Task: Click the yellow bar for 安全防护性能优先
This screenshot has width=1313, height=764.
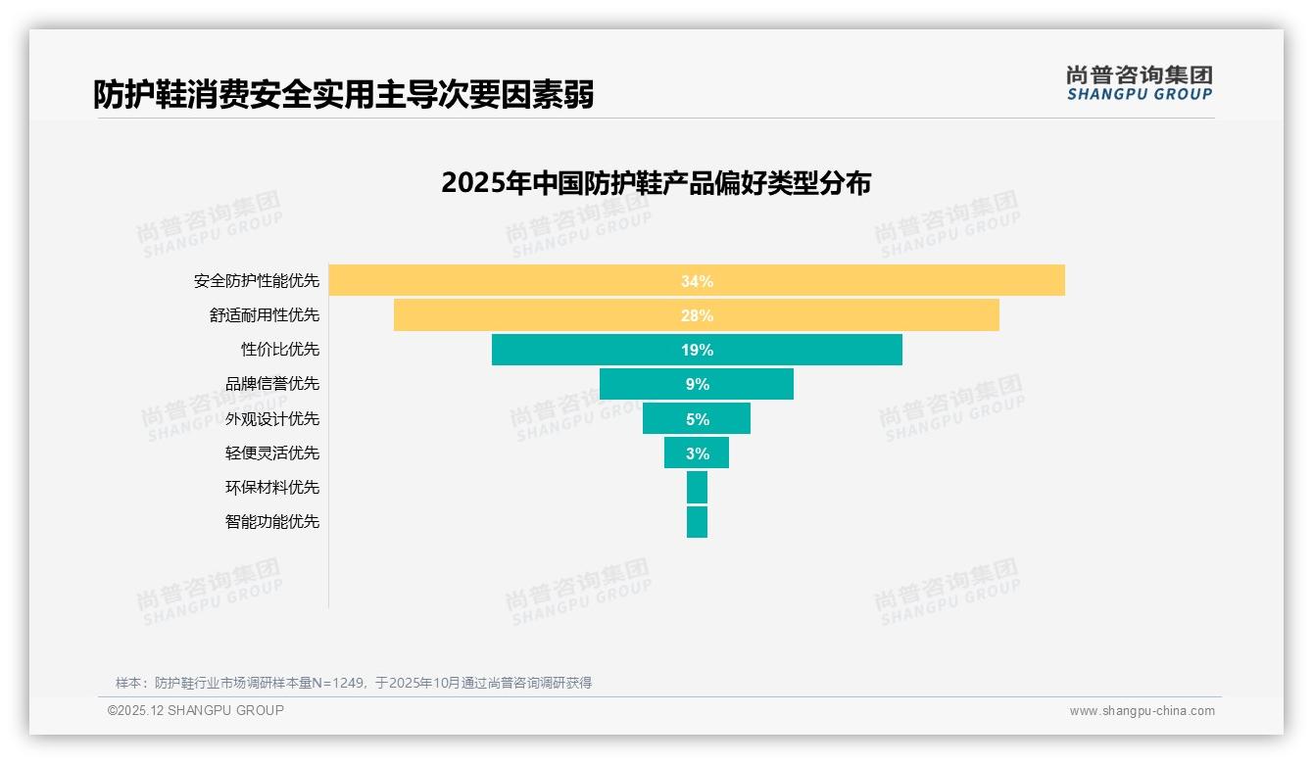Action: tap(882, 280)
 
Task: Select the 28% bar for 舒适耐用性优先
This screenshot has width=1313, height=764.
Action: tap(843, 315)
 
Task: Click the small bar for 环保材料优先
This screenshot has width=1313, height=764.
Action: tap(697, 487)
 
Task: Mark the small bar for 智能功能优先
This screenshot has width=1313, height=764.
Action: tap(697, 521)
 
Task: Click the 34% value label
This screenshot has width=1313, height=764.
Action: tap(697, 281)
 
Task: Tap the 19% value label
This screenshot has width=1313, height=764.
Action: tap(697, 350)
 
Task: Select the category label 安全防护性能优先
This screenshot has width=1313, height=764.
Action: tap(257, 281)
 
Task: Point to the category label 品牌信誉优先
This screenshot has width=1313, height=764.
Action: tap(272, 384)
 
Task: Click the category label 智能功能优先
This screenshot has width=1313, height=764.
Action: tap(272, 521)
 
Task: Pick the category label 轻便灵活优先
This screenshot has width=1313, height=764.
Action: tap(272, 453)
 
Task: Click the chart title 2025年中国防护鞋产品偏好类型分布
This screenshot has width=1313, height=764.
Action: tap(656, 183)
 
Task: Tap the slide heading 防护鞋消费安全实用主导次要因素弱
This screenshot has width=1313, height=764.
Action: tap(343, 94)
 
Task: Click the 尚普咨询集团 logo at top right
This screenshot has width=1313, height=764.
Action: tap(1139, 83)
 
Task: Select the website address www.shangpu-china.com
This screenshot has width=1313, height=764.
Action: tap(1142, 711)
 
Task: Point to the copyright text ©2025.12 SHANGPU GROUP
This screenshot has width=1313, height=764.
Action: tap(196, 710)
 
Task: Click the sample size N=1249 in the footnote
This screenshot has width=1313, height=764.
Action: tap(338, 683)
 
